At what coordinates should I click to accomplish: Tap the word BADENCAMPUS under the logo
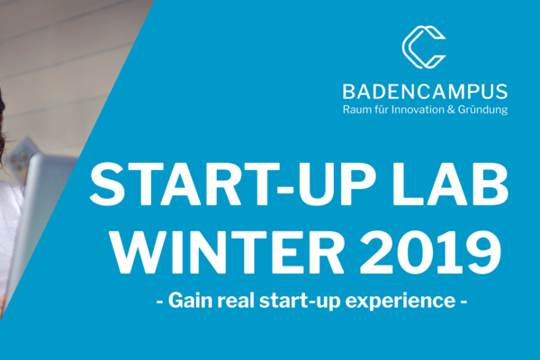coord(425,92)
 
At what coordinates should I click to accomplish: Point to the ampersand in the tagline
coord(451,110)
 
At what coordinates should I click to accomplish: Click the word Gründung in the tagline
coord(482,110)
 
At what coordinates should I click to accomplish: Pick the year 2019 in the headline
coord(430,251)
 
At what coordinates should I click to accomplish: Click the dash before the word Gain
coord(159,302)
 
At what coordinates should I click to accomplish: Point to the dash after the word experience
coord(463,302)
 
